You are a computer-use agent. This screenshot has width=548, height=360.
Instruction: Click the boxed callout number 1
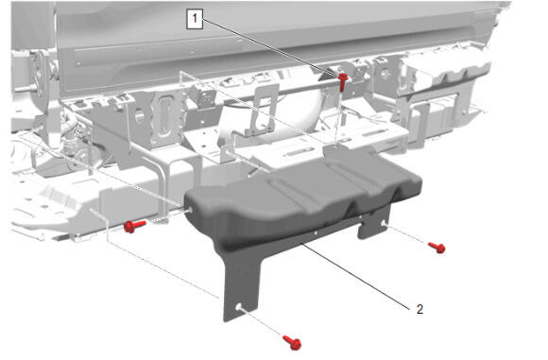(195, 19)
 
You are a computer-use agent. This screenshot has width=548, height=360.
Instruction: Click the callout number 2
(420, 309)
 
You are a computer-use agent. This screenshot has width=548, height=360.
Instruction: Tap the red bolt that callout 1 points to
(342, 82)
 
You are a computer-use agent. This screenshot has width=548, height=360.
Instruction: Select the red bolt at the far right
(437, 248)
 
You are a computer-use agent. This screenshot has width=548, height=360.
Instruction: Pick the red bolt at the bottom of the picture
(292, 342)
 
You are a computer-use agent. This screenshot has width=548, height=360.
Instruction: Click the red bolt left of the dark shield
(134, 226)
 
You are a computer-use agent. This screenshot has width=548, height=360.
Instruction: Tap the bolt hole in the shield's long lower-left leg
(238, 307)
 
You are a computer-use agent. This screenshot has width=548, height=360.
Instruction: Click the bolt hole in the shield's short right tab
(384, 224)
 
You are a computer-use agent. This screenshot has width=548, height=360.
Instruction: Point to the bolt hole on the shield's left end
(190, 210)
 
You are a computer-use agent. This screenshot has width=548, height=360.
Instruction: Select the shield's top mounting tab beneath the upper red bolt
(334, 149)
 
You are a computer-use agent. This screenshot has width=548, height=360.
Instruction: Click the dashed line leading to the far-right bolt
(407, 235)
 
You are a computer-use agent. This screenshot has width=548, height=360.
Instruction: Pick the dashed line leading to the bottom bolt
(262, 322)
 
